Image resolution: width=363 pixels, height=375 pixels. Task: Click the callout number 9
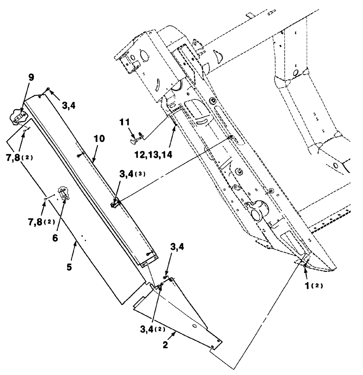(x=31, y=77)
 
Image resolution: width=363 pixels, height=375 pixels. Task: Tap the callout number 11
(x=125, y=123)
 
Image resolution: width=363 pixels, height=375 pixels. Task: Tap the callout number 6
(x=55, y=238)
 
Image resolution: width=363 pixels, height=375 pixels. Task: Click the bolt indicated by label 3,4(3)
(x=113, y=204)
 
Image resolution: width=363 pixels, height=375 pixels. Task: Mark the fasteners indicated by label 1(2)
(x=306, y=264)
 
